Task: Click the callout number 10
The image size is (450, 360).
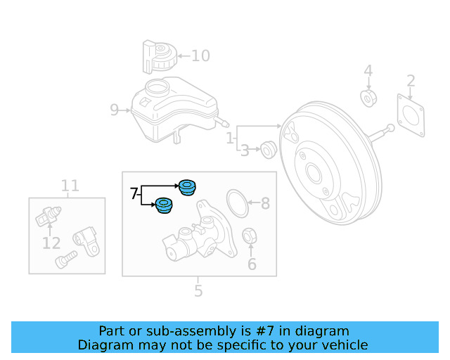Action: (x=200, y=56)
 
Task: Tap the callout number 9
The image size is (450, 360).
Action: (x=115, y=110)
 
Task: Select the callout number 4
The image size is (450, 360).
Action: (x=368, y=71)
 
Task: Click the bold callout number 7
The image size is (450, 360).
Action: (x=134, y=193)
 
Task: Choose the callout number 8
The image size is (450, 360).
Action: (x=265, y=204)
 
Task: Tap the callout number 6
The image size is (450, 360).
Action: (x=252, y=264)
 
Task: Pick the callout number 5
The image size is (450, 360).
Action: (x=198, y=290)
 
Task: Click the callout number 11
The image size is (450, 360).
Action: (x=70, y=186)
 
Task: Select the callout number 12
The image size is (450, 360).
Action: (x=51, y=243)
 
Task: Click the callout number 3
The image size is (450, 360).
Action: (x=245, y=150)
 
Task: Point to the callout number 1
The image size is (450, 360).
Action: (x=230, y=139)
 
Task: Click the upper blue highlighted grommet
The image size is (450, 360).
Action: (x=187, y=187)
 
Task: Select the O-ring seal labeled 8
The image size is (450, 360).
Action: (x=238, y=204)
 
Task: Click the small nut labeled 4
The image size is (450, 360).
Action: (x=368, y=98)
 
